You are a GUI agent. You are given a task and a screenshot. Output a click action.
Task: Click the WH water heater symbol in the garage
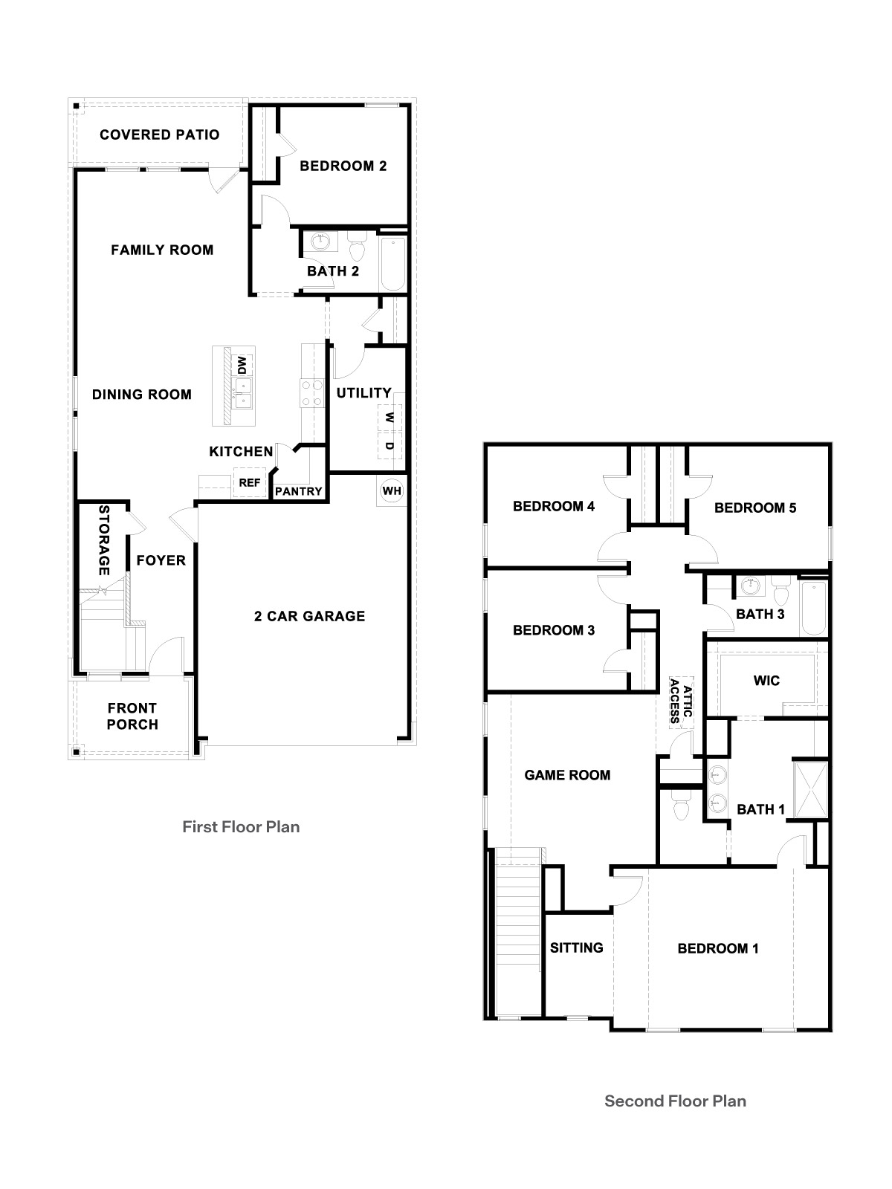click(x=392, y=491)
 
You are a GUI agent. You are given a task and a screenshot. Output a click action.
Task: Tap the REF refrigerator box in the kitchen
click(x=250, y=483)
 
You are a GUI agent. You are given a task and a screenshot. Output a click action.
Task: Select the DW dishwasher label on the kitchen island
click(x=242, y=365)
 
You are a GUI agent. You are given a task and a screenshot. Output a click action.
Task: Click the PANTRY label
click(x=299, y=491)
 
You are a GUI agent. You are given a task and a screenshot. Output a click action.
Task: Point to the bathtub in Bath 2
click(x=392, y=264)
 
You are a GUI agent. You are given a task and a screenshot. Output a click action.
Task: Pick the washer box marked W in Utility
click(x=389, y=418)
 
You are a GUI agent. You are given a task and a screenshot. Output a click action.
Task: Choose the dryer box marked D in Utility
click(x=389, y=447)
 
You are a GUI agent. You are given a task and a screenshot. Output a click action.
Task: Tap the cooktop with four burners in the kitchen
click(x=311, y=392)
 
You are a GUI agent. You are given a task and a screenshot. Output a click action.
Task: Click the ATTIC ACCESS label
click(x=681, y=700)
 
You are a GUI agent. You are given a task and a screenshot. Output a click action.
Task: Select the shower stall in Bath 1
click(x=809, y=789)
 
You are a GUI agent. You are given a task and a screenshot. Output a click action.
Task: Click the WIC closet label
click(x=766, y=680)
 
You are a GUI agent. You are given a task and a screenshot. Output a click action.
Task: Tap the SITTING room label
click(x=576, y=947)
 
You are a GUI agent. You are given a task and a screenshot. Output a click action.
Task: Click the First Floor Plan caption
click(x=241, y=826)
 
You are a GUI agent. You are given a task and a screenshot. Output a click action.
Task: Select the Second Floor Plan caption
click(x=675, y=1101)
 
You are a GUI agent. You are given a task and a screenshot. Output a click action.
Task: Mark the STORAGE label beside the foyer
click(x=104, y=540)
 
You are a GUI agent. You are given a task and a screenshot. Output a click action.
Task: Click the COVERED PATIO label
click(x=159, y=135)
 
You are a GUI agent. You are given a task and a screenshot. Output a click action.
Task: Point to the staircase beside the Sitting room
click(x=517, y=921)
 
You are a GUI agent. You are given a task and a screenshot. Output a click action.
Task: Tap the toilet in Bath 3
click(x=780, y=592)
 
